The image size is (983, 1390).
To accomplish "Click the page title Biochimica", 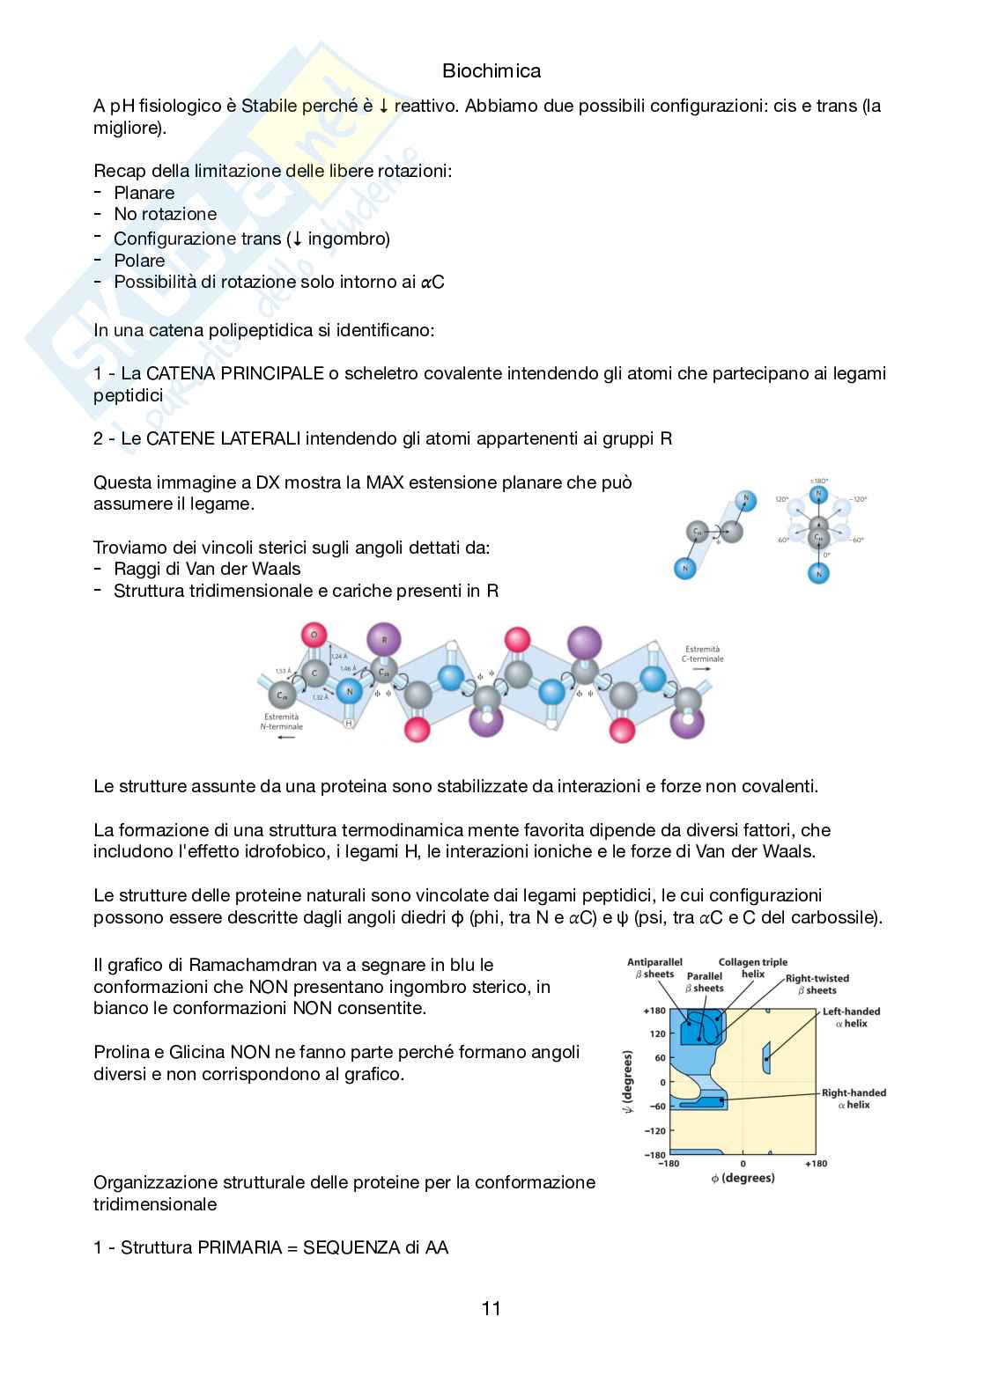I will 491,70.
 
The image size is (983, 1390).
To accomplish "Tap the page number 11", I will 491,1308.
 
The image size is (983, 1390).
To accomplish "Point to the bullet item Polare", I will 139,261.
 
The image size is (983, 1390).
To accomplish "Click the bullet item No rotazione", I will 165,214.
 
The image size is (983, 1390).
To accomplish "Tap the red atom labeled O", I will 314,634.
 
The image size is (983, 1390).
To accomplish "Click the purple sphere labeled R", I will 383,638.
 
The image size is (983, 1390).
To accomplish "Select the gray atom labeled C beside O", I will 314,674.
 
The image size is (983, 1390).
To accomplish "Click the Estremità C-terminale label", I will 702,654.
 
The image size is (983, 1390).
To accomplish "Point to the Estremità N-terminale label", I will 280,722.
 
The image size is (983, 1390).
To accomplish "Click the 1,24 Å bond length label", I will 338,657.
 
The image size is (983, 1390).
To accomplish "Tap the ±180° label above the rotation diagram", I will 819,482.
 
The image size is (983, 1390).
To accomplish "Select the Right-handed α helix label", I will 854,1099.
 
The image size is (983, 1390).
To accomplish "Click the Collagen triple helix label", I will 752,968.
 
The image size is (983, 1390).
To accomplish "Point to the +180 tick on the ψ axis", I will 654,1011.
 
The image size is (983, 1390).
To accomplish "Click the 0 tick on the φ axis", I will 743,1164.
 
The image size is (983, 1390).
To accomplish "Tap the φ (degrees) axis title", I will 743,1178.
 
